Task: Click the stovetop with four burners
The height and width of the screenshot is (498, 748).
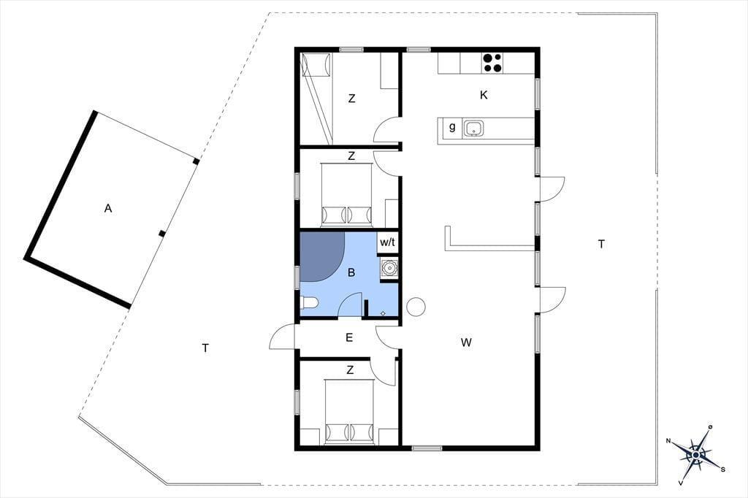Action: (493, 63)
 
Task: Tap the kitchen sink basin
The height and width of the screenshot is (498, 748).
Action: (473, 128)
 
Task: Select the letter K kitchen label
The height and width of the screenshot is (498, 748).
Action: (484, 95)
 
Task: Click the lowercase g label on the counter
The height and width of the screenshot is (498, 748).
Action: (451, 127)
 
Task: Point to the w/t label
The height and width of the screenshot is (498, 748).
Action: (387, 242)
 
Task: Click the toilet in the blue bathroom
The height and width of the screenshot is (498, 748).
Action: (309, 303)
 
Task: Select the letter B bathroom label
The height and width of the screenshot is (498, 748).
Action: (351, 273)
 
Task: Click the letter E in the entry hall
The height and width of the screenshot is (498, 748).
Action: (349, 338)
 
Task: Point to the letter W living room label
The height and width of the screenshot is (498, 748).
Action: (466, 342)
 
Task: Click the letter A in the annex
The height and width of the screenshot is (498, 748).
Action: (108, 208)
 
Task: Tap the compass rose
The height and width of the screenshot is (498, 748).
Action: (696, 455)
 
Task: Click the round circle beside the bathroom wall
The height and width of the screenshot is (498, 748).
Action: (416, 306)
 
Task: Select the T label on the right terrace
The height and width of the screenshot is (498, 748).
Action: (602, 244)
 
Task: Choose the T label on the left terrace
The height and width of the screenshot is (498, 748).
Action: (205, 348)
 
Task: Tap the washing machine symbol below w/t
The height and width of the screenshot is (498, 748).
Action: (389, 267)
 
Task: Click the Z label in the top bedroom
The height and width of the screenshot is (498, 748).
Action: (351, 99)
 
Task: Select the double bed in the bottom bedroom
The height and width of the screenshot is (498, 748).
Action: (348, 411)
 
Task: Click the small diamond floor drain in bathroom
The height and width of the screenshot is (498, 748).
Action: (383, 313)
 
